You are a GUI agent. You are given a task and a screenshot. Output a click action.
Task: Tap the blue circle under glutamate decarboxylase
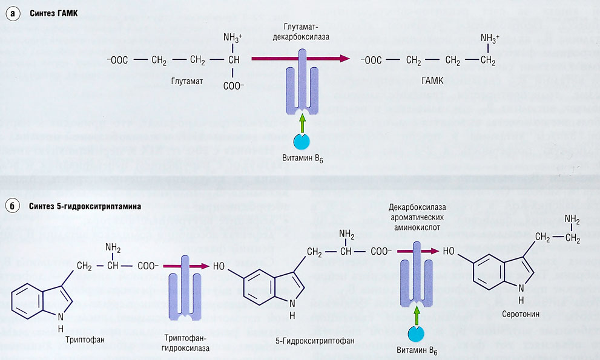point(302,141)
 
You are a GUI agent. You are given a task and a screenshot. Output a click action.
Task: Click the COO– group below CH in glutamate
point(233,86)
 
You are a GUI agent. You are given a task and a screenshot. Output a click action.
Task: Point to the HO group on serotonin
point(449,250)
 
